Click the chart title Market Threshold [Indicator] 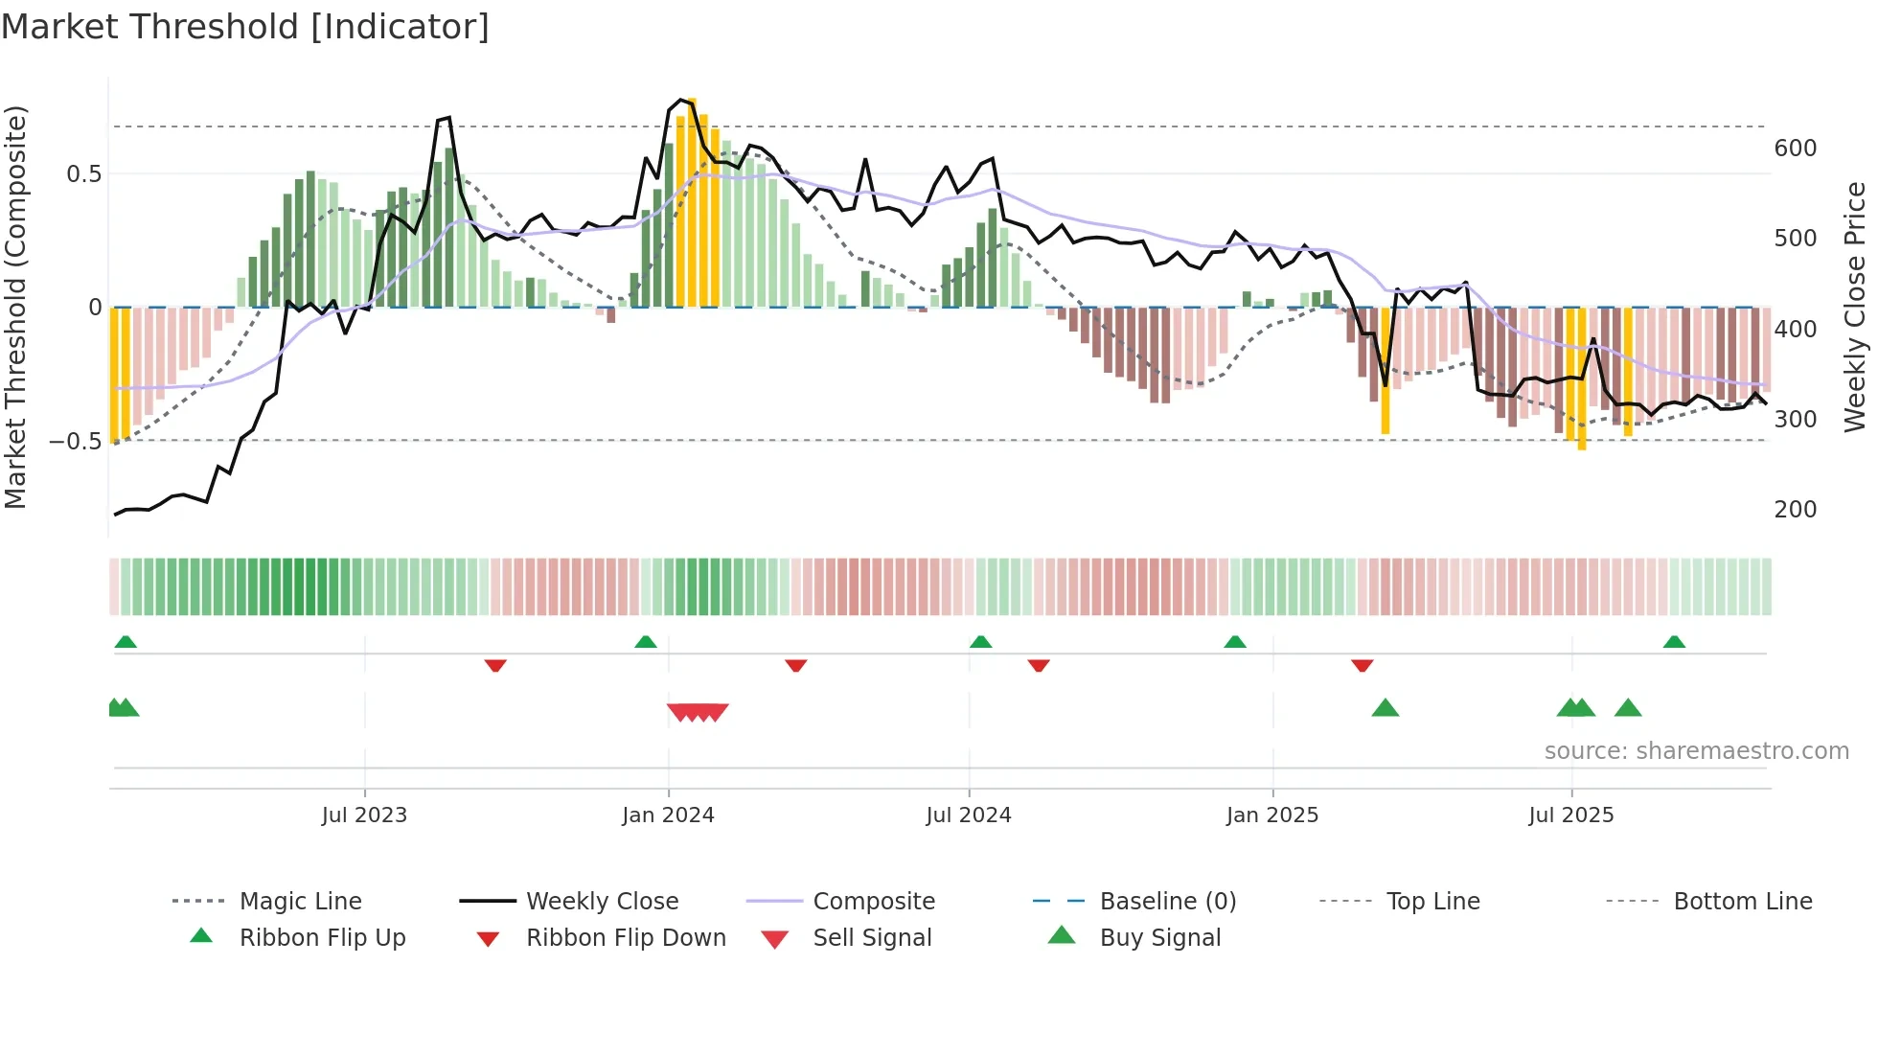(245, 27)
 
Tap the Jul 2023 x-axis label (364, 815)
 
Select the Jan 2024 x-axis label (668, 815)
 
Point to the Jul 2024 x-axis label (969, 815)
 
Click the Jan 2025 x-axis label (1272, 815)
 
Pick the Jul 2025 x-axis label (1571, 815)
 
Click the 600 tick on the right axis (1796, 149)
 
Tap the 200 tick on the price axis (1796, 510)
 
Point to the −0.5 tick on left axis (76, 442)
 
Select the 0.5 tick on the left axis (83, 174)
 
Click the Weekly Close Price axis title (1855, 307)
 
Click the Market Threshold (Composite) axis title (15, 307)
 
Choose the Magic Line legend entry (300, 902)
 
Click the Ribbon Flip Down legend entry (626, 938)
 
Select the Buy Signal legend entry (1159, 938)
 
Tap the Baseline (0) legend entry (1167, 902)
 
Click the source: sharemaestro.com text (1696, 751)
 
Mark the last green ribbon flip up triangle (1674, 642)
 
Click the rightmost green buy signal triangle (1628, 709)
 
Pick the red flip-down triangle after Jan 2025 (1363, 665)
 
